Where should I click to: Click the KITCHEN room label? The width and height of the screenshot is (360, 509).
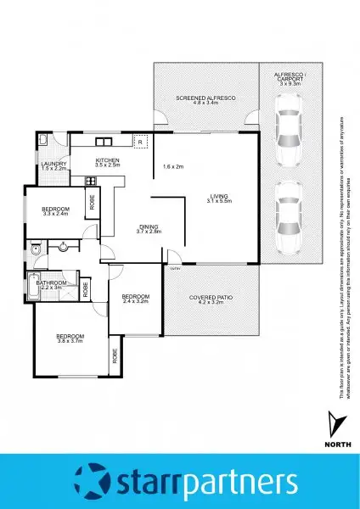tap(107, 160)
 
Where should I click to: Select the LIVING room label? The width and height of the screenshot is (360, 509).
tap(219, 197)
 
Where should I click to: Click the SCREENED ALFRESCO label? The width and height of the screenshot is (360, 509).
tap(205, 99)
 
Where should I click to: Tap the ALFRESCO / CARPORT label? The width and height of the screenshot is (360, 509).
tap(290, 79)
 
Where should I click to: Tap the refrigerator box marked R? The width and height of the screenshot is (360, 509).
tap(143, 141)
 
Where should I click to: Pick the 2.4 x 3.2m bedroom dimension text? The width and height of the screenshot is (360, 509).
tap(135, 300)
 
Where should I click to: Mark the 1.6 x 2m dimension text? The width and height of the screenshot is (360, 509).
tap(175, 166)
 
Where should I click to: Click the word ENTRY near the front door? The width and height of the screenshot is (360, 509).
tap(175, 269)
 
